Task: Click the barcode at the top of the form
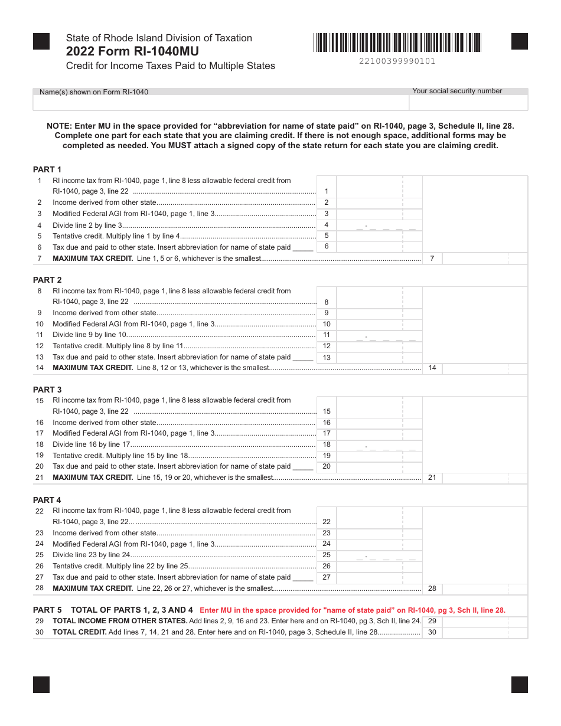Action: [397, 42]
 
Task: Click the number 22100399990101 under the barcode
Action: [397, 61]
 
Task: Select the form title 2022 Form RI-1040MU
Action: [132, 51]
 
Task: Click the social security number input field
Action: [468, 103]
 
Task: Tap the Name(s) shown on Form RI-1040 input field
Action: [220, 103]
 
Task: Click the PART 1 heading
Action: [47, 169]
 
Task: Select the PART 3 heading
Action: [47, 390]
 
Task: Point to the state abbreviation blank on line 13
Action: [303, 358]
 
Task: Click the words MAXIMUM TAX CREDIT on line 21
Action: [93, 478]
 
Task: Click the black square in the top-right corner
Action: [519, 41]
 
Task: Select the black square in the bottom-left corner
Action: [41, 684]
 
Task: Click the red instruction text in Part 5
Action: [353, 610]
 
